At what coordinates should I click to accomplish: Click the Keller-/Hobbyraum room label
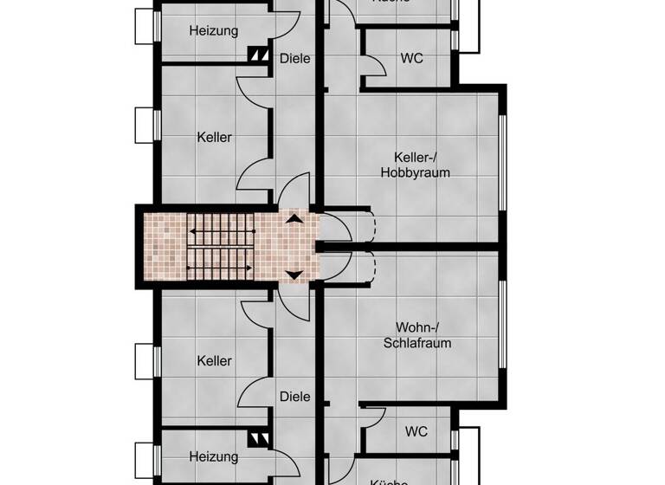[x=415, y=165]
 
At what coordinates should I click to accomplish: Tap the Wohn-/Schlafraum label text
[x=416, y=334]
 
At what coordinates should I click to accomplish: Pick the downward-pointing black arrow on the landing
[x=294, y=275]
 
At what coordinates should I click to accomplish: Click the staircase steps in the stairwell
[x=221, y=247]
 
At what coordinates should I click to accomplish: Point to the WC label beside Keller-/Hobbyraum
[x=411, y=58]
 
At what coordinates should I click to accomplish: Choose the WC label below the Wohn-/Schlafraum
[x=416, y=431]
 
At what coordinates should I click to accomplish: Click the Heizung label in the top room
[x=213, y=30]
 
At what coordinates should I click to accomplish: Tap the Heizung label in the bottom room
[x=213, y=456]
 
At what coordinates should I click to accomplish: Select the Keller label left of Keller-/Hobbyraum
[x=214, y=137]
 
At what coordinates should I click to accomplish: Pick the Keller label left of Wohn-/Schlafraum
[x=214, y=360]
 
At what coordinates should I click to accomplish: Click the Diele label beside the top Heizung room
[x=294, y=58]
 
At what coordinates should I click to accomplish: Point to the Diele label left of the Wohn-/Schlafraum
[x=294, y=397]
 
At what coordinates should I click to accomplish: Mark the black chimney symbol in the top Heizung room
[x=258, y=54]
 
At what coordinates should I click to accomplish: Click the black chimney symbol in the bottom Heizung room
[x=258, y=438]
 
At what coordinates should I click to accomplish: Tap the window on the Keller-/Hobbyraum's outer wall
[x=501, y=165]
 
